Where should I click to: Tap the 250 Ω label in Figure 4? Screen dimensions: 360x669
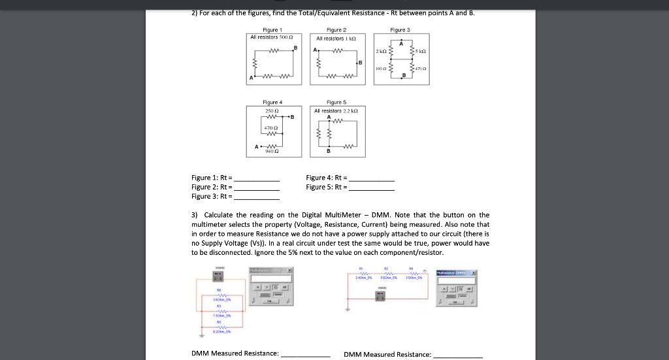tap(272, 111)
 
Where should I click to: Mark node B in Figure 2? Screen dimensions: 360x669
tap(360, 62)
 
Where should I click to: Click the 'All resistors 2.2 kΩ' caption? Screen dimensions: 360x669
tap(339, 111)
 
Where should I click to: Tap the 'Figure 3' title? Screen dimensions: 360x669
tap(399, 30)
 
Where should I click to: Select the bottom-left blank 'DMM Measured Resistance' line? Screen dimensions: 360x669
tap(305, 355)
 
